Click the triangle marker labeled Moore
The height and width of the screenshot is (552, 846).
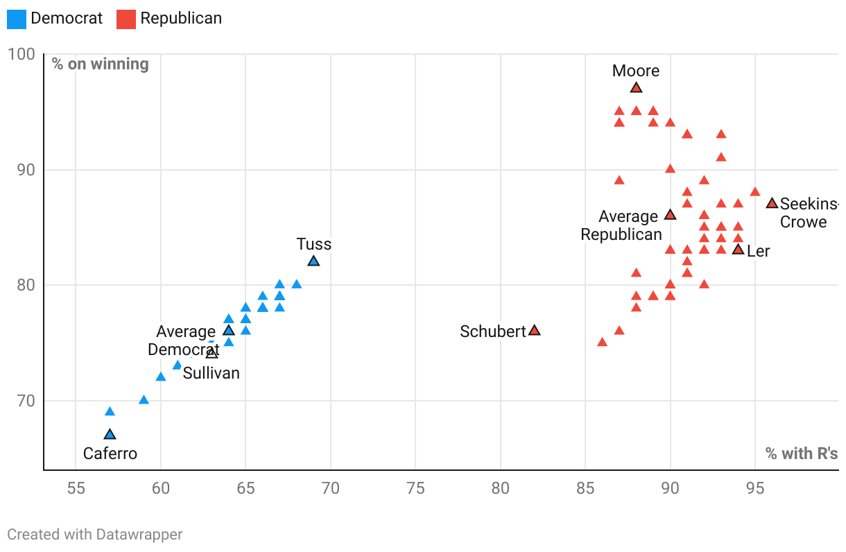coord(636,87)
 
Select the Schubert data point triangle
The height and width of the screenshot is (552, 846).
coord(534,331)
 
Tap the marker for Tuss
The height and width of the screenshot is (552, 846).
coord(313,261)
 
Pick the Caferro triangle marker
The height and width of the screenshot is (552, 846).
coord(110,435)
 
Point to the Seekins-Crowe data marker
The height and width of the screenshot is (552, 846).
coord(772,203)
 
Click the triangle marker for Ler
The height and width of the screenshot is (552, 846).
coord(738,250)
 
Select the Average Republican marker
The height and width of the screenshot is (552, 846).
coord(670,215)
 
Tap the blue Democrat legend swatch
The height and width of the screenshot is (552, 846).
coord(17,19)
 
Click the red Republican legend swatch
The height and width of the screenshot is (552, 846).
coord(126,19)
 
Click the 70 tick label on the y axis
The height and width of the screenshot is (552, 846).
coord(25,401)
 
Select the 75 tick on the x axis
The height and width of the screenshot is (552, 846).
coord(415,488)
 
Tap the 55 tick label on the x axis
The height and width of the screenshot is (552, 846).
coord(76,488)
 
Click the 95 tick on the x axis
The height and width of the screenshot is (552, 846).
coord(755,488)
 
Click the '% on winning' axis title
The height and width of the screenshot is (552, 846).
coord(100,64)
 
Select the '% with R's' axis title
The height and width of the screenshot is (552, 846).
coord(801,454)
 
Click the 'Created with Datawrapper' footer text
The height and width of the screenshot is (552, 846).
coord(95,535)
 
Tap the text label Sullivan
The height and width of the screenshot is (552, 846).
coord(211,373)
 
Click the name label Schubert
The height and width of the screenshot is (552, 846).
coord(493,331)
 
